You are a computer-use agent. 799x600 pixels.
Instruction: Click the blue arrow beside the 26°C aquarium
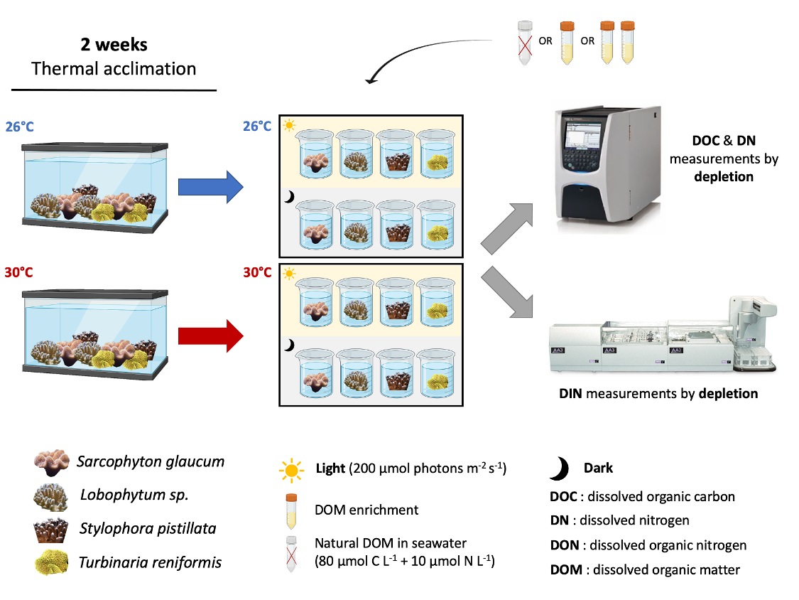click(210, 187)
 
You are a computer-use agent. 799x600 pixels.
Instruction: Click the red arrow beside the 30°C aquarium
click(210, 336)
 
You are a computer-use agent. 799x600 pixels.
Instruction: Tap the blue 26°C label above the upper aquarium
click(20, 127)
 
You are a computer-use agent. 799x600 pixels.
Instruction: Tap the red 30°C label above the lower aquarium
click(19, 272)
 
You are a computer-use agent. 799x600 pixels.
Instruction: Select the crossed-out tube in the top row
click(525, 43)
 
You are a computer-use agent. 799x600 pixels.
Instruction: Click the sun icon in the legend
click(291, 470)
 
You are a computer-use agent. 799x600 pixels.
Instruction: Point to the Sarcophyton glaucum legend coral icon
click(51, 462)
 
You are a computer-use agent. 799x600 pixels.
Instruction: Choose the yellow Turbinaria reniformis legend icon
click(51, 562)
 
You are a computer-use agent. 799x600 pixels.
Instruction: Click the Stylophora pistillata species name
click(148, 529)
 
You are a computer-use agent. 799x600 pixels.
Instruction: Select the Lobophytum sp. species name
click(134, 495)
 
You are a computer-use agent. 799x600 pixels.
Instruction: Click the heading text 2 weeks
click(114, 44)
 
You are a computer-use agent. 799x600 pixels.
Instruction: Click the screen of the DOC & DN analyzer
click(583, 136)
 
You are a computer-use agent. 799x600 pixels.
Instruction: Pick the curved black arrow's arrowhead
click(371, 79)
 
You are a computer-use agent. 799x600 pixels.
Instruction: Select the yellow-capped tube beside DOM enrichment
click(291, 511)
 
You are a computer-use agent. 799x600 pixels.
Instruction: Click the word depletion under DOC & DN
click(724, 176)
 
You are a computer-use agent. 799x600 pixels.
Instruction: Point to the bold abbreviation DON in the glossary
click(564, 545)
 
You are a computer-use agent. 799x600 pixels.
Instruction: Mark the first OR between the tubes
click(545, 41)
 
